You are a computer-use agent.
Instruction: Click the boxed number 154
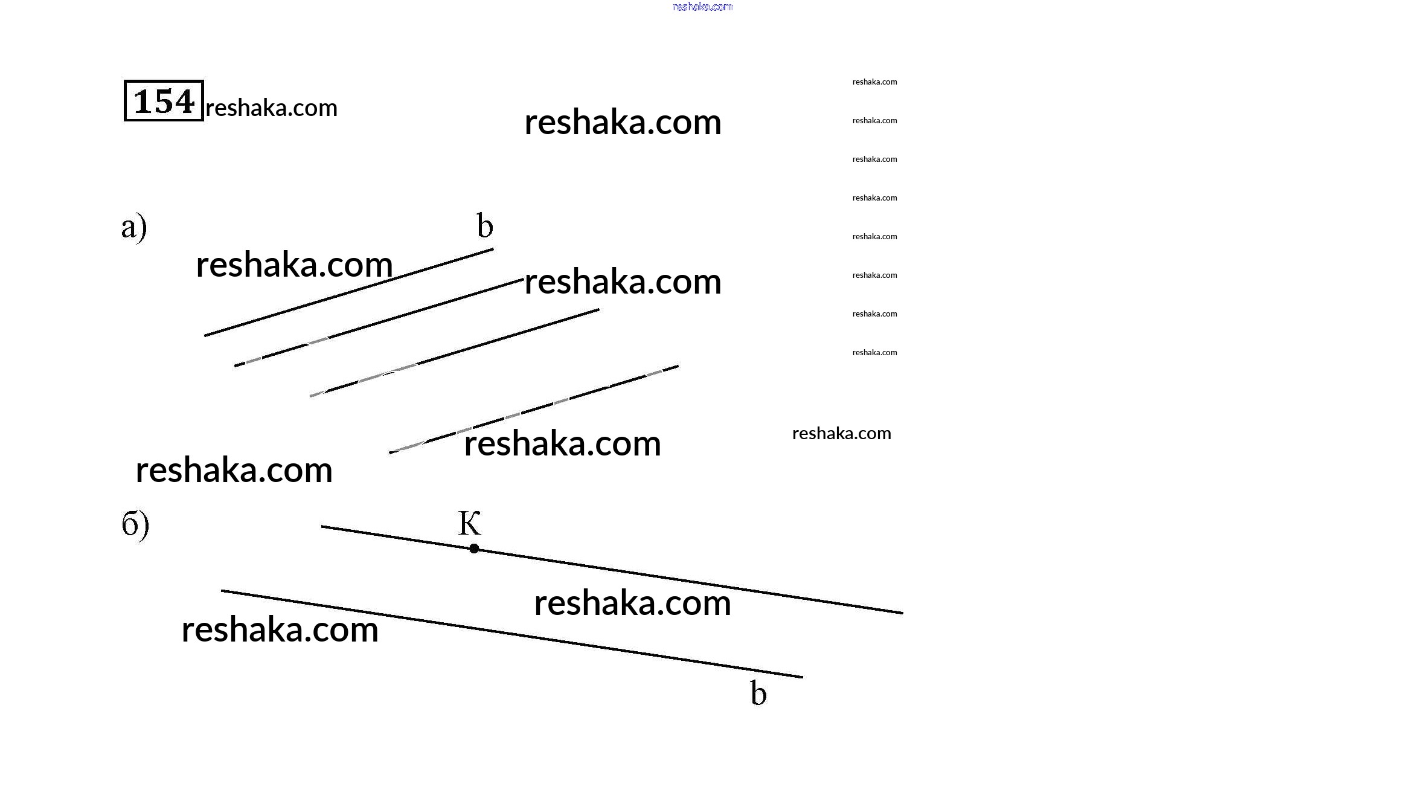pyautogui.click(x=164, y=101)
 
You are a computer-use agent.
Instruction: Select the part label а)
pyautogui.click(x=134, y=227)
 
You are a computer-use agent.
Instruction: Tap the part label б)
pyautogui.click(x=135, y=525)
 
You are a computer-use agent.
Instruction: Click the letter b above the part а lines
pyautogui.click(x=485, y=226)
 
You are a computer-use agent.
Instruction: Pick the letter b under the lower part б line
pyautogui.click(x=758, y=693)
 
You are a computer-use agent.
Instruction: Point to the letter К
pyautogui.click(x=469, y=523)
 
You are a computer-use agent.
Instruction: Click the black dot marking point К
pyautogui.click(x=474, y=549)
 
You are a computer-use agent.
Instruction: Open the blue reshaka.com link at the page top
pyautogui.click(x=702, y=7)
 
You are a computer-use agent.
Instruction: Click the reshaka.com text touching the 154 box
pyautogui.click(x=271, y=108)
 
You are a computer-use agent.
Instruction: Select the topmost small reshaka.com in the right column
pyautogui.click(x=874, y=82)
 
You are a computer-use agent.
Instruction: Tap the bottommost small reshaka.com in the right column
pyautogui.click(x=874, y=353)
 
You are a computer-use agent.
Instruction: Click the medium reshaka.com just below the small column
pyautogui.click(x=841, y=433)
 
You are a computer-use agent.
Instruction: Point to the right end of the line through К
pyautogui.click(x=902, y=613)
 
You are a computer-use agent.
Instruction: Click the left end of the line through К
pyautogui.click(x=323, y=527)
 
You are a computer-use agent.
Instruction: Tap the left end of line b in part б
pyautogui.click(x=223, y=591)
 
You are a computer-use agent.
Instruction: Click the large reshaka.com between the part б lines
pyautogui.click(x=632, y=603)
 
